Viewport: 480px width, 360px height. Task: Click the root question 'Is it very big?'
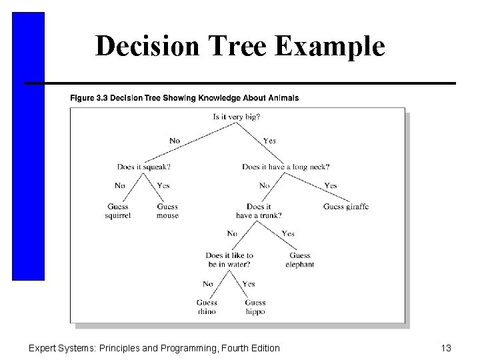tap(237, 117)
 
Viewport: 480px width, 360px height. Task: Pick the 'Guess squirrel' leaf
tap(117, 211)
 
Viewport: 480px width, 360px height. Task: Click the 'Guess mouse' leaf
tap(167, 211)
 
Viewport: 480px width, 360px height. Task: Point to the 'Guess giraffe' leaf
tap(346, 207)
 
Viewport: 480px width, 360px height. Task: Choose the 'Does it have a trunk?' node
tap(259, 211)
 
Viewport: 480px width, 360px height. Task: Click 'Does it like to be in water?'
tap(229, 260)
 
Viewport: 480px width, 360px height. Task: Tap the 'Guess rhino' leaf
tap(207, 307)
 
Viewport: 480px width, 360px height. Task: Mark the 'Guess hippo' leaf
tap(255, 307)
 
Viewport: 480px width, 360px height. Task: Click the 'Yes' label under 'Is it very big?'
tap(269, 141)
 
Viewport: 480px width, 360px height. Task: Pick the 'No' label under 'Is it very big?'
tap(175, 141)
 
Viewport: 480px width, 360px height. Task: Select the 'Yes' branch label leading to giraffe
tap(330, 185)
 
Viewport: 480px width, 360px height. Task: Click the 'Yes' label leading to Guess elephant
tap(288, 234)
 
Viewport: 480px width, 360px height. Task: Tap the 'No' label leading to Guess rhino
tap(207, 284)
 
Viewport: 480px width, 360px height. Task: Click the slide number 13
tap(447, 347)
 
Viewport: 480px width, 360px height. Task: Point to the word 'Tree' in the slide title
tap(222, 47)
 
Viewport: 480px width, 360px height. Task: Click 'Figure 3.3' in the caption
tap(90, 98)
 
